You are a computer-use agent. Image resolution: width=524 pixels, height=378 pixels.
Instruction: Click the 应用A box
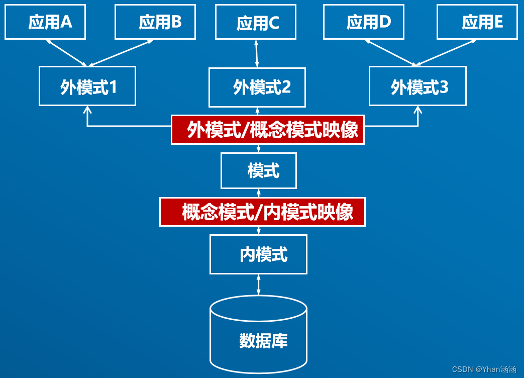(45, 22)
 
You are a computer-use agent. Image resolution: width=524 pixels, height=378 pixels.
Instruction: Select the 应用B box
(155, 22)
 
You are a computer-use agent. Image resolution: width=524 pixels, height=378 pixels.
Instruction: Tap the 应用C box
(256, 23)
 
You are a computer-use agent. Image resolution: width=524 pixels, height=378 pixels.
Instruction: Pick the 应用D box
(364, 22)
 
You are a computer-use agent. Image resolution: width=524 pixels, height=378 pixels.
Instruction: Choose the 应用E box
(477, 22)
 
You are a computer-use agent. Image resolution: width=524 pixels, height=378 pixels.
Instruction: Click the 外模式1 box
(87, 86)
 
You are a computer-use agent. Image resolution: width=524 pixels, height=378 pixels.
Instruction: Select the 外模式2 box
(257, 87)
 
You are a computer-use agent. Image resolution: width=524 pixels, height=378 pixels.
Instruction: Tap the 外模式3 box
(417, 86)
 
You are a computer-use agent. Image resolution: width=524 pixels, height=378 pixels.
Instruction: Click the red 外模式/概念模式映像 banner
(268, 130)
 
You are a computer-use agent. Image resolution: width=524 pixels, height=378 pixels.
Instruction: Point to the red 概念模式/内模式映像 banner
(262, 212)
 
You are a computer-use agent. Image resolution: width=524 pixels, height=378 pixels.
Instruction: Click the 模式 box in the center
(259, 171)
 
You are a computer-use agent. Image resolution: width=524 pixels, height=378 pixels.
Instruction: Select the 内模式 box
(258, 254)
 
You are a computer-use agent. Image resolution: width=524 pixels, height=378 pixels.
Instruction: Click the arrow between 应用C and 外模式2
(256, 54)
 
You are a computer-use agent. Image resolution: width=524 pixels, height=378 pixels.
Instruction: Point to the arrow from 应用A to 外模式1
(67, 53)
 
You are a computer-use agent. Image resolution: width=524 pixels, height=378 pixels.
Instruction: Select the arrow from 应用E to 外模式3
(446, 53)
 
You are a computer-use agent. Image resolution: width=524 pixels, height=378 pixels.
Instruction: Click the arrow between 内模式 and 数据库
(258, 285)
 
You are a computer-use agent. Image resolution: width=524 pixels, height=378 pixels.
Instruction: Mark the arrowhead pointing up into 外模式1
(87, 110)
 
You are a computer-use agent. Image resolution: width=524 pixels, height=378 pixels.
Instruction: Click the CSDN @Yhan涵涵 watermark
(484, 369)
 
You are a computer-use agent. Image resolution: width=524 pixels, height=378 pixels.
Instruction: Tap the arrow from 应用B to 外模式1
(121, 53)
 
